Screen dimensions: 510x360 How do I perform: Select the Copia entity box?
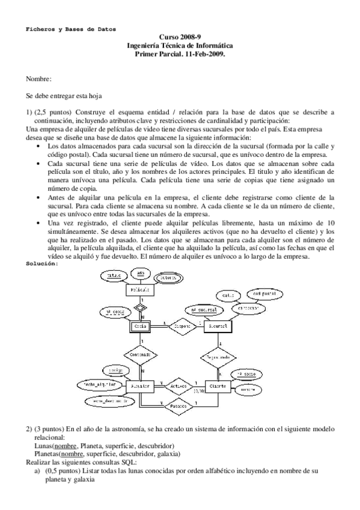pos(140,326)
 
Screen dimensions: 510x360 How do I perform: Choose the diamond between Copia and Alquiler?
pos(139,355)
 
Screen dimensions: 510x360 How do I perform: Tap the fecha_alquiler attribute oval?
pos(98,384)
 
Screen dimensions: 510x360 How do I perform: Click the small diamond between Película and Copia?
pos(139,307)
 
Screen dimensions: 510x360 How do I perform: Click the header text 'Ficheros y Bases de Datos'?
pos(71,28)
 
